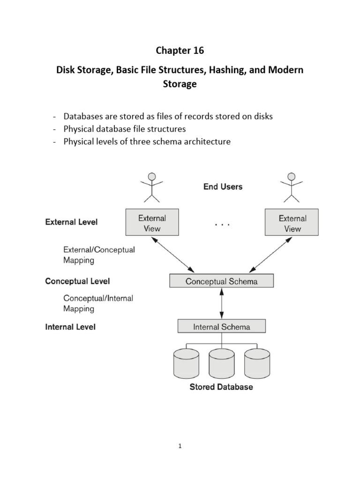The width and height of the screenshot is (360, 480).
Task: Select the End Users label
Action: [x=223, y=187]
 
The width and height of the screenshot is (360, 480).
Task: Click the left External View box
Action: [x=152, y=223]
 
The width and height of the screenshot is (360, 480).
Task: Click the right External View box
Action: [x=292, y=223]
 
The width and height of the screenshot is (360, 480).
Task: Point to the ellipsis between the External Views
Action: [x=222, y=225]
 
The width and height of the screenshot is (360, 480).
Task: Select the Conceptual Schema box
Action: [x=221, y=281]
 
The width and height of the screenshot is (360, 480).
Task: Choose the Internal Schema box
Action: [x=221, y=327]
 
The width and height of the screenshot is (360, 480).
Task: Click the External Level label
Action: [x=71, y=222]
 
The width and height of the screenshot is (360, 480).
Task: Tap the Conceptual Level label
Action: [x=77, y=281]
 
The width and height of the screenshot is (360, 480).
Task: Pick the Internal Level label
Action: [x=70, y=327]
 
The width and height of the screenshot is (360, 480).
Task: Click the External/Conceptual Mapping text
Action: [x=99, y=255]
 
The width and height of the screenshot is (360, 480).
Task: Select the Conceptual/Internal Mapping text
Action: [x=98, y=303]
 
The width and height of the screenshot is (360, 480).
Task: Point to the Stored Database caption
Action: [x=221, y=387]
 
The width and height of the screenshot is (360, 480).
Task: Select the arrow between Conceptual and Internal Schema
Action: [x=221, y=304]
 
